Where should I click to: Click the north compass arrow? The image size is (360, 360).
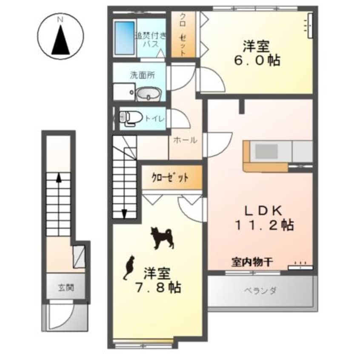click(x=60, y=41)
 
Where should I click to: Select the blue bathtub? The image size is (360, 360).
click(x=124, y=37)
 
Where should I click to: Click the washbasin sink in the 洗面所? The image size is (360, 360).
click(x=148, y=93)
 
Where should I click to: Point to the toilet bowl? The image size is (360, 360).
click(x=127, y=117)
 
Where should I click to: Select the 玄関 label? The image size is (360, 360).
click(x=66, y=287)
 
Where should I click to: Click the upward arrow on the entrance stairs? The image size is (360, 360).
click(x=58, y=179)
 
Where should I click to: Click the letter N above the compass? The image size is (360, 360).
click(x=60, y=19)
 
